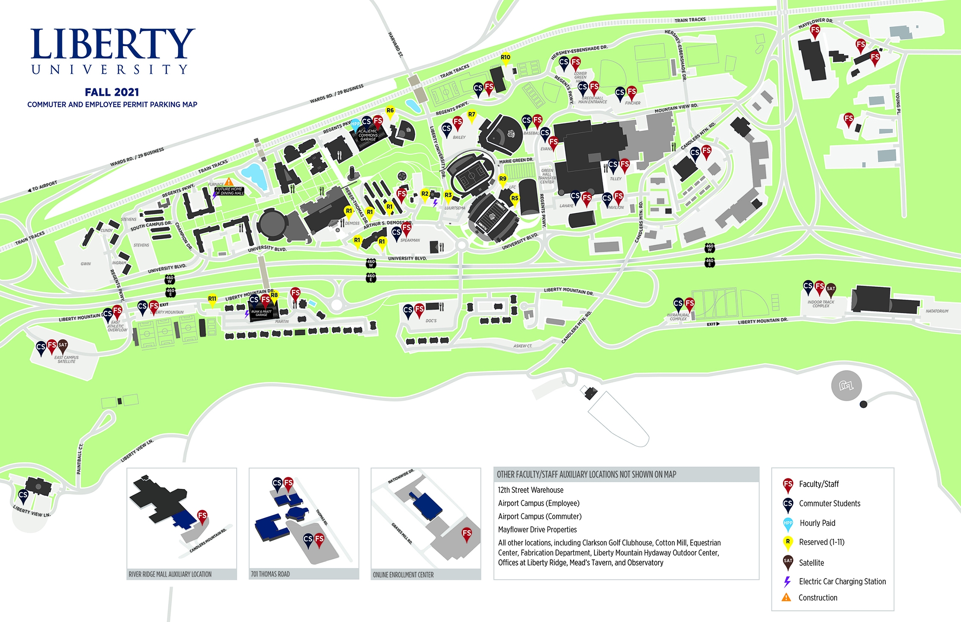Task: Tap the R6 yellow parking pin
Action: click(x=390, y=111)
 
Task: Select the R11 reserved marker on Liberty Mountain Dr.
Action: click(x=212, y=299)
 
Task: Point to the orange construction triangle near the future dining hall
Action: click(x=229, y=182)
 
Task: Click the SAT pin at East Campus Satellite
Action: click(x=63, y=346)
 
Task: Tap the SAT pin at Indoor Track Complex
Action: click(x=831, y=289)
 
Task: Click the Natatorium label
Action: click(x=937, y=311)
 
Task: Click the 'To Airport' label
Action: click(x=43, y=186)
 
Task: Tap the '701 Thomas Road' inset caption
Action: click(x=270, y=574)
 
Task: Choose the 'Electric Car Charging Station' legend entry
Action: click(x=842, y=581)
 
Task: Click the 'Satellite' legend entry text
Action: click(x=811, y=563)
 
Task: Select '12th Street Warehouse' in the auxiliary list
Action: click(x=530, y=490)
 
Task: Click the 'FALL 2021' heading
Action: click(x=112, y=92)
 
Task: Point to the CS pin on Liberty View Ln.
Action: click(x=23, y=496)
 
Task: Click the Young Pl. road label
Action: click(x=898, y=103)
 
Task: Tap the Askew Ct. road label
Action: click(x=523, y=346)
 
